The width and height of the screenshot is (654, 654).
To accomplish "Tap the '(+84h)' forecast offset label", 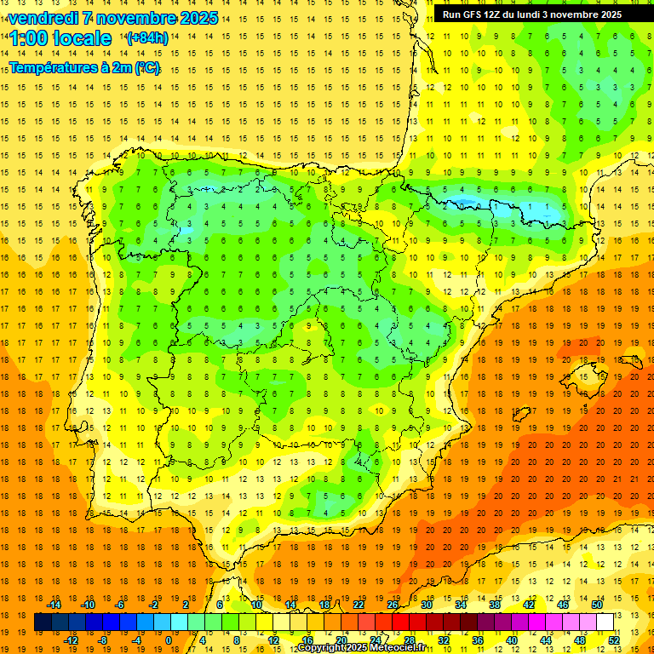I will (x=147, y=38).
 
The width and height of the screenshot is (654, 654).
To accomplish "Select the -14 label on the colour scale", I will (x=54, y=604).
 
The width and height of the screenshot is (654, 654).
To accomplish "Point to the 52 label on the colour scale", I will (x=614, y=640).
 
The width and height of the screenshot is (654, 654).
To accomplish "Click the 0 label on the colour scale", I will (x=169, y=640).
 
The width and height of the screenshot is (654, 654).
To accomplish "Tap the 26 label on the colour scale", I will (x=393, y=604).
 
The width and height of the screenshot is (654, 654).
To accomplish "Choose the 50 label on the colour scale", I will (x=597, y=604).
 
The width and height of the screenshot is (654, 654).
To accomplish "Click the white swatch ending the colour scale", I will (x=605, y=622).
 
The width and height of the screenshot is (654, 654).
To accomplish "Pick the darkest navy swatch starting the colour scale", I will (x=43, y=622).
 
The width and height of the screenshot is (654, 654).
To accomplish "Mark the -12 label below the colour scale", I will (x=71, y=640).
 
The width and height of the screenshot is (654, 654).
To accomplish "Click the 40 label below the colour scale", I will (x=512, y=640).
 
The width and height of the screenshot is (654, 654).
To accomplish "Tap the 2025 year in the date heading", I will (x=198, y=18).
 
